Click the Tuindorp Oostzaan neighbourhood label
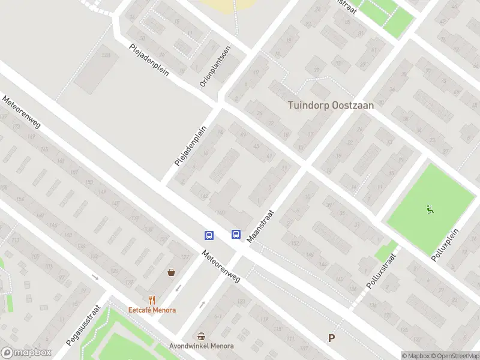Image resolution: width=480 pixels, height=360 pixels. click(331, 105)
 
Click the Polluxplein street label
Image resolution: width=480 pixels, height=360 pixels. click(445, 244)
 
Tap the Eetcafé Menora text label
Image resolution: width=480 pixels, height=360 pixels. click(152, 310)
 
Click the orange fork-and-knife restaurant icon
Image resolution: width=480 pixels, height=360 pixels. click(152, 299)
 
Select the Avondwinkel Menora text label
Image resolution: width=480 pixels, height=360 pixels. click(202, 346)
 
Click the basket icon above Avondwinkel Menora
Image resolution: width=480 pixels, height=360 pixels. click(202, 336)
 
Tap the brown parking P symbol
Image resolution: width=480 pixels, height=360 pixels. click(331, 338)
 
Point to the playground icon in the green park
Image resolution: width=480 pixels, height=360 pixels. click(430, 210)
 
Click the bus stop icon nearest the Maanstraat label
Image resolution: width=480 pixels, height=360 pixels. click(236, 235)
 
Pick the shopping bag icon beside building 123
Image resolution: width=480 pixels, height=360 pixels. click(172, 272)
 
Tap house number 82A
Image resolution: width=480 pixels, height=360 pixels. click(106, 55)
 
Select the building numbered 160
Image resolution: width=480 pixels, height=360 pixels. click(220, 212)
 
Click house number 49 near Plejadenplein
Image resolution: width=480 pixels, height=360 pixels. click(242, 135)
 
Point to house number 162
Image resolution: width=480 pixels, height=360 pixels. click(204, 196)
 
